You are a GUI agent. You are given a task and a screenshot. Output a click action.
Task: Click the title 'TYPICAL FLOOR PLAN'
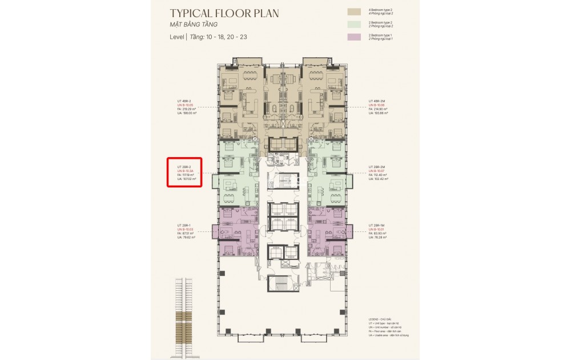(x=224, y=13)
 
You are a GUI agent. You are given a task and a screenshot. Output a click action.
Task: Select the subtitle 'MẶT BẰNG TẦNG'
(x=194, y=25)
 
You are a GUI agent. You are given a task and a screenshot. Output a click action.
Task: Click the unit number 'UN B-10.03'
(x=187, y=229)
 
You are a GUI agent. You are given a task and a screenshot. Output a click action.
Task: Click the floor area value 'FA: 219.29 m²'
(x=187, y=109)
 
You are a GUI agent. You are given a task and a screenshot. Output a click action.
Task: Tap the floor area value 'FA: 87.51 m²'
(x=186, y=233)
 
